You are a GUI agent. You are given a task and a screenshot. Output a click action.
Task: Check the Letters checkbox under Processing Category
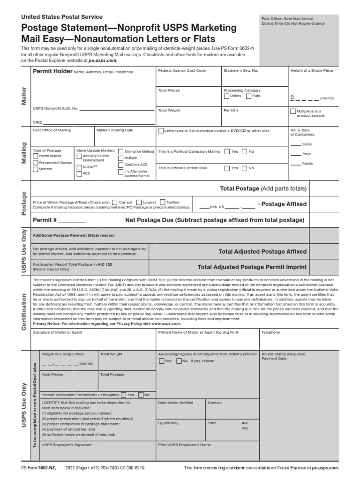pos(226,96)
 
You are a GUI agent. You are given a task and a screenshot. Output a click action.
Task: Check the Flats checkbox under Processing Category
pos(248,96)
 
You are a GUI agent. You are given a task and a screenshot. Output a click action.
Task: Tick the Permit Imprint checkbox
pos(35,156)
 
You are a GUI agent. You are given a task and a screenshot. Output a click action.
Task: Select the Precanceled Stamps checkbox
pos(35,163)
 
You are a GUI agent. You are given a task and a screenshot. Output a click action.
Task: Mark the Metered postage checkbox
pos(35,169)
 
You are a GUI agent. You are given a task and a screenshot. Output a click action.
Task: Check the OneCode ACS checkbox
pos(121,165)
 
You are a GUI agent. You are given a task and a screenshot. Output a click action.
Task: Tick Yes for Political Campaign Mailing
pos(227,152)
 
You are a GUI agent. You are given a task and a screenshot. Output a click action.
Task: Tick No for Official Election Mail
pos(244,168)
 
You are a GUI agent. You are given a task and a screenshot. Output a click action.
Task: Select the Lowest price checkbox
pos(139,202)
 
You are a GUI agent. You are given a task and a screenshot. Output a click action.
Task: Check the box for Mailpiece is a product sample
pos(293,112)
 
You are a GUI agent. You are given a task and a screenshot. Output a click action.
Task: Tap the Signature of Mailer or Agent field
pos(92,340)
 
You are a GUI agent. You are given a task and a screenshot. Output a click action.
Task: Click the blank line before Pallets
pos(295,164)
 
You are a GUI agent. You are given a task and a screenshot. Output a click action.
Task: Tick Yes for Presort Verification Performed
pos(123,395)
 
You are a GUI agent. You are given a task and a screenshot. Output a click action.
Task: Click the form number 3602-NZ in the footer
pos(47,468)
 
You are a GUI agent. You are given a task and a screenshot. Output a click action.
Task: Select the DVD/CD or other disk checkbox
pos(161,131)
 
